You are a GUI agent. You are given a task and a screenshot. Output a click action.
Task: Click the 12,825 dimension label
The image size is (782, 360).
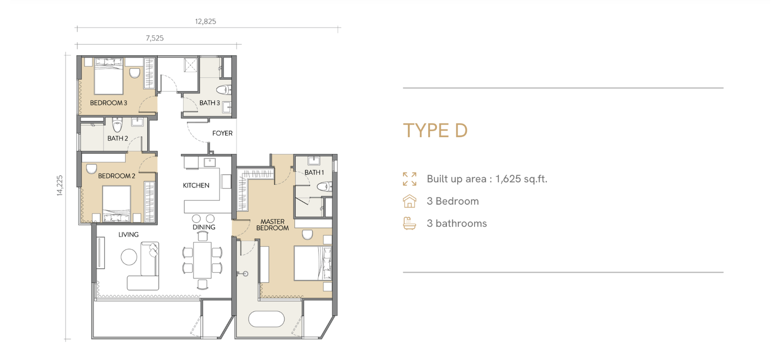click(205, 21)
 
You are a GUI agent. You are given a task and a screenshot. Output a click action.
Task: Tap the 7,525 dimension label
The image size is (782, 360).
click(154, 39)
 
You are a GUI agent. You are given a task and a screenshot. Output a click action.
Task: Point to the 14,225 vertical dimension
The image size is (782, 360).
click(60, 185)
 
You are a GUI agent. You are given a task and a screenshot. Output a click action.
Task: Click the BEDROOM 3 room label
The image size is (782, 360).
click(109, 103)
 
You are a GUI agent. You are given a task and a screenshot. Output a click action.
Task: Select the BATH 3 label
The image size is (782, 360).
click(210, 103)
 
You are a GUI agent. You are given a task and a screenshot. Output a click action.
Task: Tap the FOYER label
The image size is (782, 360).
click(222, 133)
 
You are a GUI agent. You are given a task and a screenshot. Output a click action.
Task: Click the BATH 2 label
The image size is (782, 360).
click(118, 139)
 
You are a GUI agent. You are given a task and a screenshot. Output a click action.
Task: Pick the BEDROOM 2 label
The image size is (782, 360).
click(117, 176)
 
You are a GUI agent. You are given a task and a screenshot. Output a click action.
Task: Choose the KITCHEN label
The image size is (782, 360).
click(196, 186)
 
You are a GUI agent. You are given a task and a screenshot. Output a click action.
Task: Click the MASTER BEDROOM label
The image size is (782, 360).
click(273, 225)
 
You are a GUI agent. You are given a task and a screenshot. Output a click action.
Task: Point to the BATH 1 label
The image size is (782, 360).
click(314, 172)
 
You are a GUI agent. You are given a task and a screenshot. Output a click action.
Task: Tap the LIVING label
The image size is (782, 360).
click(129, 235)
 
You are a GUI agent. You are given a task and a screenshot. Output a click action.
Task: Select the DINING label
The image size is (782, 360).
click(204, 227)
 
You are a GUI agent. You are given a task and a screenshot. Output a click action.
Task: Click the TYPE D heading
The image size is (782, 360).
click(435, 131)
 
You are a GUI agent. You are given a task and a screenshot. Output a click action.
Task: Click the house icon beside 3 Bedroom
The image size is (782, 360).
click(410, 201)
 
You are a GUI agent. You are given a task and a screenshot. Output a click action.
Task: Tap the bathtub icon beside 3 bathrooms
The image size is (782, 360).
click(410, 223)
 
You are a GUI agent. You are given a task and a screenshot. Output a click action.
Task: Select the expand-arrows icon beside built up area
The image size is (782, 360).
click(410, 179)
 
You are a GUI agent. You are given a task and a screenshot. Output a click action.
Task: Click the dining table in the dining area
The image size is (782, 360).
click(202, 260)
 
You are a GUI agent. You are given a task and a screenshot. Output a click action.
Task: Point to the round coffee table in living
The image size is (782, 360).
click(129, 257)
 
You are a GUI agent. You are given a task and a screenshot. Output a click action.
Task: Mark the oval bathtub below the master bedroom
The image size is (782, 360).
click(266, 319)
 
